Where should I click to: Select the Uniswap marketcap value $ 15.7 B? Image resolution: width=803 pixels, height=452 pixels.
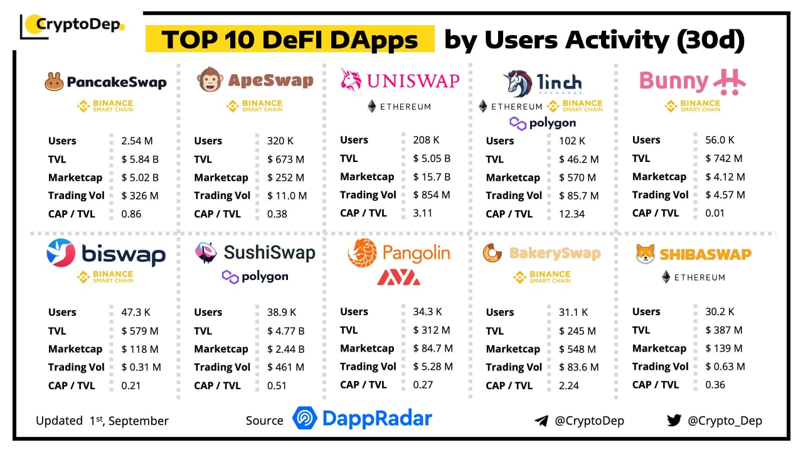[432, 176]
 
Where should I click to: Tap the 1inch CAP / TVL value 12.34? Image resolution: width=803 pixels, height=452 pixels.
[572, 213]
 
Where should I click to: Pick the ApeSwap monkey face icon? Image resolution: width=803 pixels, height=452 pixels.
[209, 80]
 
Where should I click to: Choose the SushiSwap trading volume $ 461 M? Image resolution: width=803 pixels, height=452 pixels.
[285, 367]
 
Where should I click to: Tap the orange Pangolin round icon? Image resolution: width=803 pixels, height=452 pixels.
[362, 253]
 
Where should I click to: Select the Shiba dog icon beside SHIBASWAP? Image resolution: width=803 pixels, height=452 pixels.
[646, 254]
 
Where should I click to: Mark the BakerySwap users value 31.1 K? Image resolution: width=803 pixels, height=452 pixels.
[573, 312]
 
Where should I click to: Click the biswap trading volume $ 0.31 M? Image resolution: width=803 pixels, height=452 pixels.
[141, 367]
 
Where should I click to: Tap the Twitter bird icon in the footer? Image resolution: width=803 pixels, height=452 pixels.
[674, 420]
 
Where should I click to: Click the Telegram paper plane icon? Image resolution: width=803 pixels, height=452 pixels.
[541, 421]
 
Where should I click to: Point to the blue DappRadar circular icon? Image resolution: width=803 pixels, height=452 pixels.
[305, 419]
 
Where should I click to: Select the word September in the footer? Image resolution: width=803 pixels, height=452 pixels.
[139, 421]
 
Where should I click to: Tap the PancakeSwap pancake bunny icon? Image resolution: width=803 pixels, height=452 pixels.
[55, 82]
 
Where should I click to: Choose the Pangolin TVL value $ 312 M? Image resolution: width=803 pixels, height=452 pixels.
[431, 330]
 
